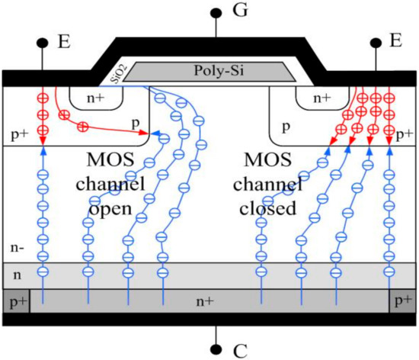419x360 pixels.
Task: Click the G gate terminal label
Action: point(241,13)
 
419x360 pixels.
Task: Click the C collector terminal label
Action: point(241,350)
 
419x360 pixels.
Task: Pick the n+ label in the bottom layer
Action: point(204,302)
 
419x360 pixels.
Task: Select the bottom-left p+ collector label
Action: point(16,302)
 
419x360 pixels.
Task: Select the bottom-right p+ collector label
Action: point(401,302)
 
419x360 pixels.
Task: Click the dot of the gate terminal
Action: point(218,13)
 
